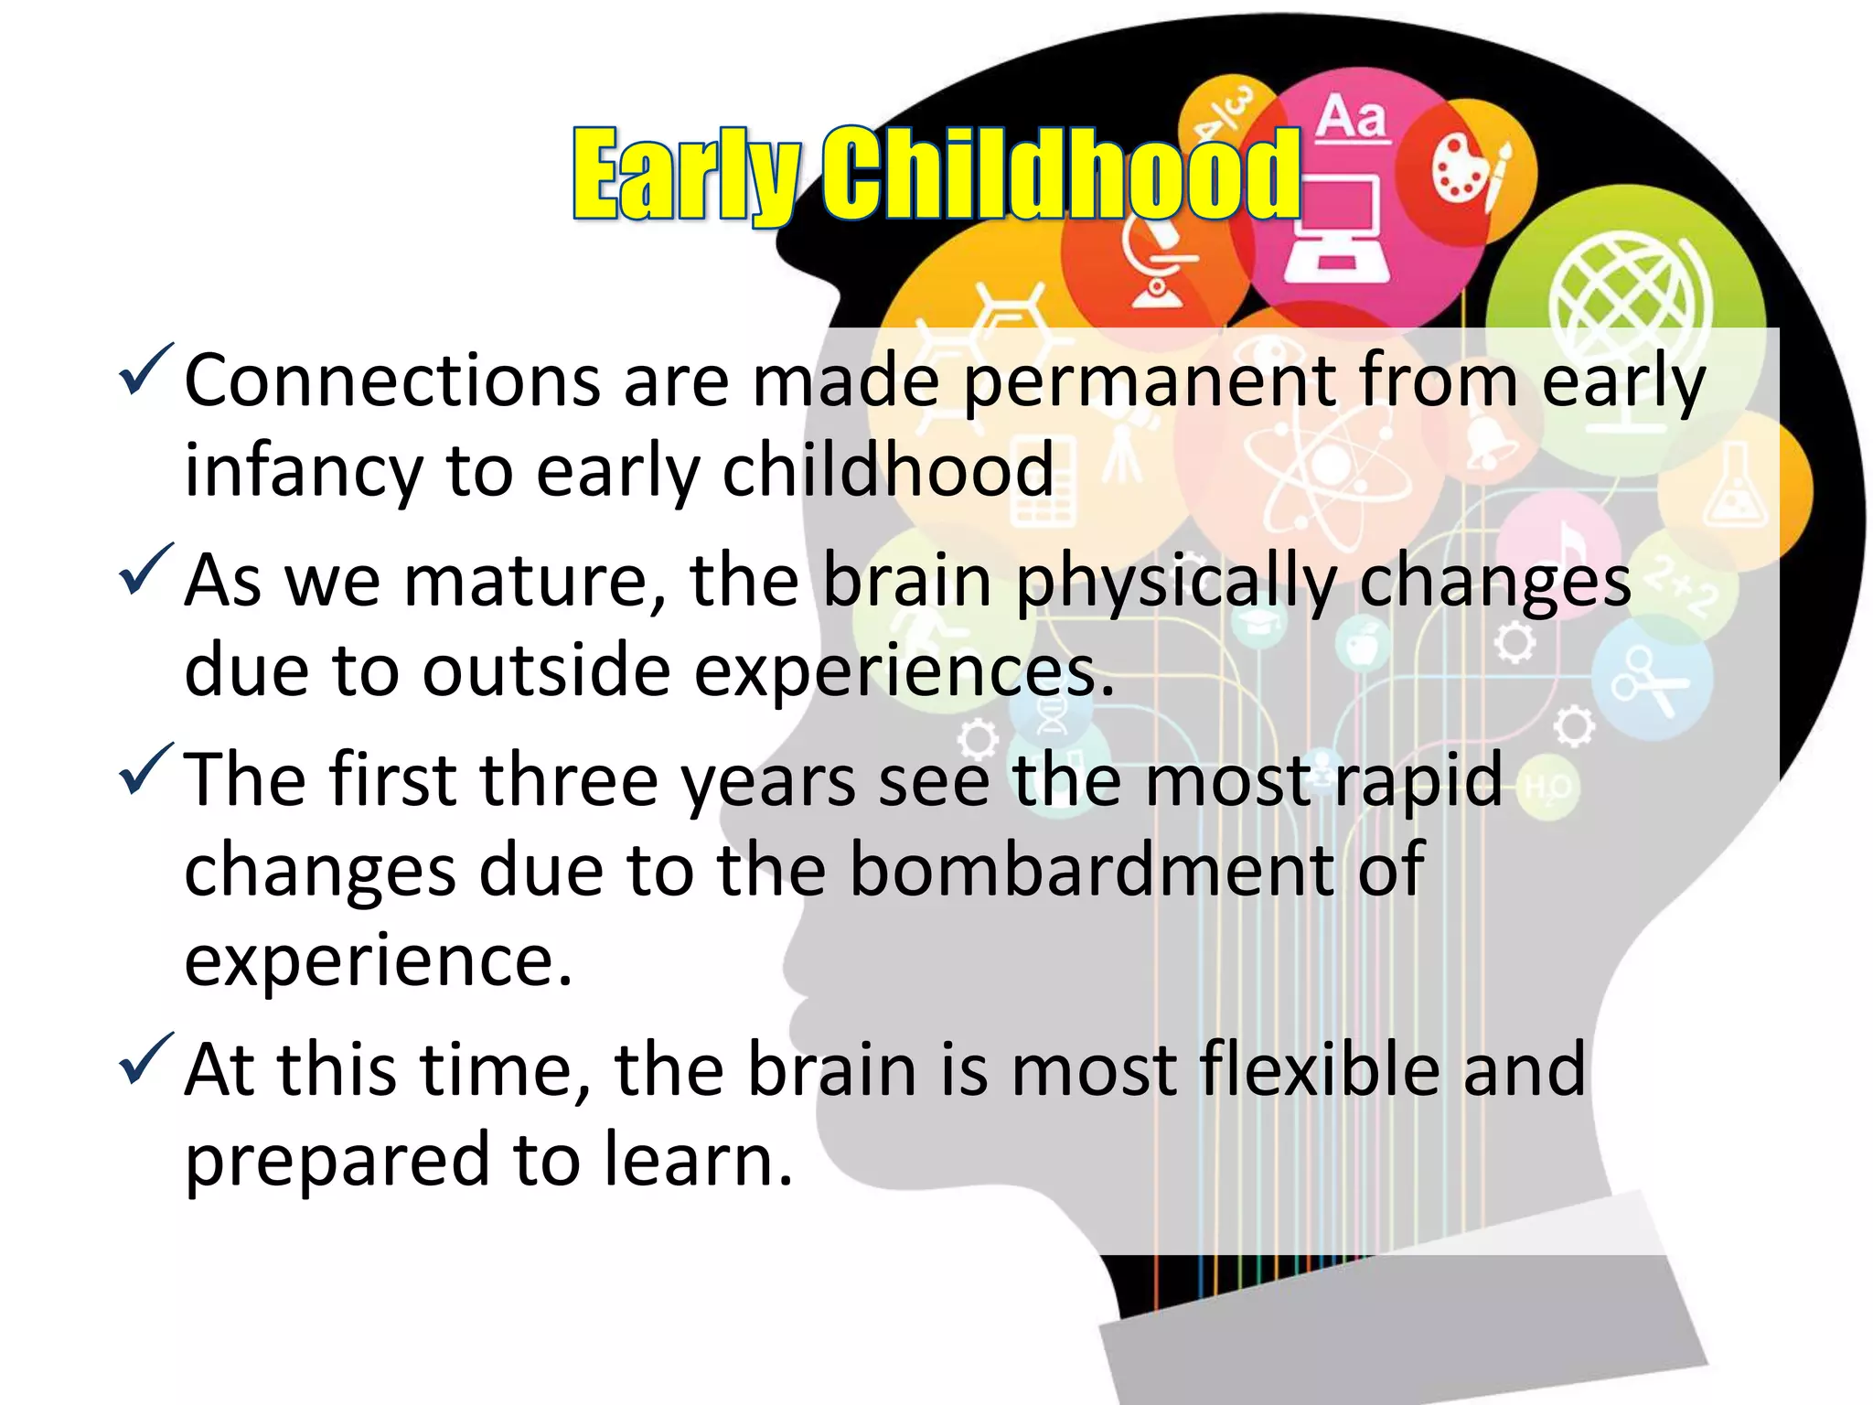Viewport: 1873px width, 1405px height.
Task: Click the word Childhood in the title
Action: coord(1061,174)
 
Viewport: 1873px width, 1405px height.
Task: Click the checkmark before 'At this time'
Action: coord(146,1058)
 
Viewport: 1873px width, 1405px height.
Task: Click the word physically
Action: coord(1175,584)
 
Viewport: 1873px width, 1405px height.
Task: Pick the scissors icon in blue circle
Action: coord(1646,681)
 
